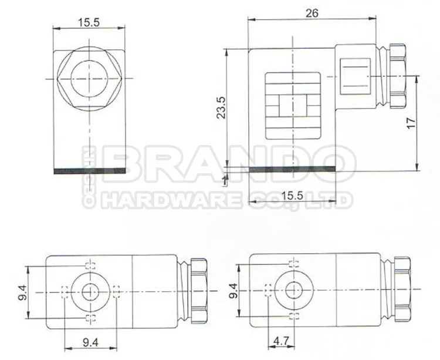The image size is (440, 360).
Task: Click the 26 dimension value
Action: point(312,13)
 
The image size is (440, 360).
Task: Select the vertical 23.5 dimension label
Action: point(220,107)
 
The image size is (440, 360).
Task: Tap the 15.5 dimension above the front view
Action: point(89,22)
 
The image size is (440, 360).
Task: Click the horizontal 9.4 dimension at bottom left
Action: point(90,341)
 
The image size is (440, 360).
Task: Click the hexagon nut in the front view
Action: point(89,79)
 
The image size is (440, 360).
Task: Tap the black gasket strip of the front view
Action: point(89,171)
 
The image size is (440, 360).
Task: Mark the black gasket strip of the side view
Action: point(292,170)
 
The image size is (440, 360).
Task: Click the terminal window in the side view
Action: point(293,106)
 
